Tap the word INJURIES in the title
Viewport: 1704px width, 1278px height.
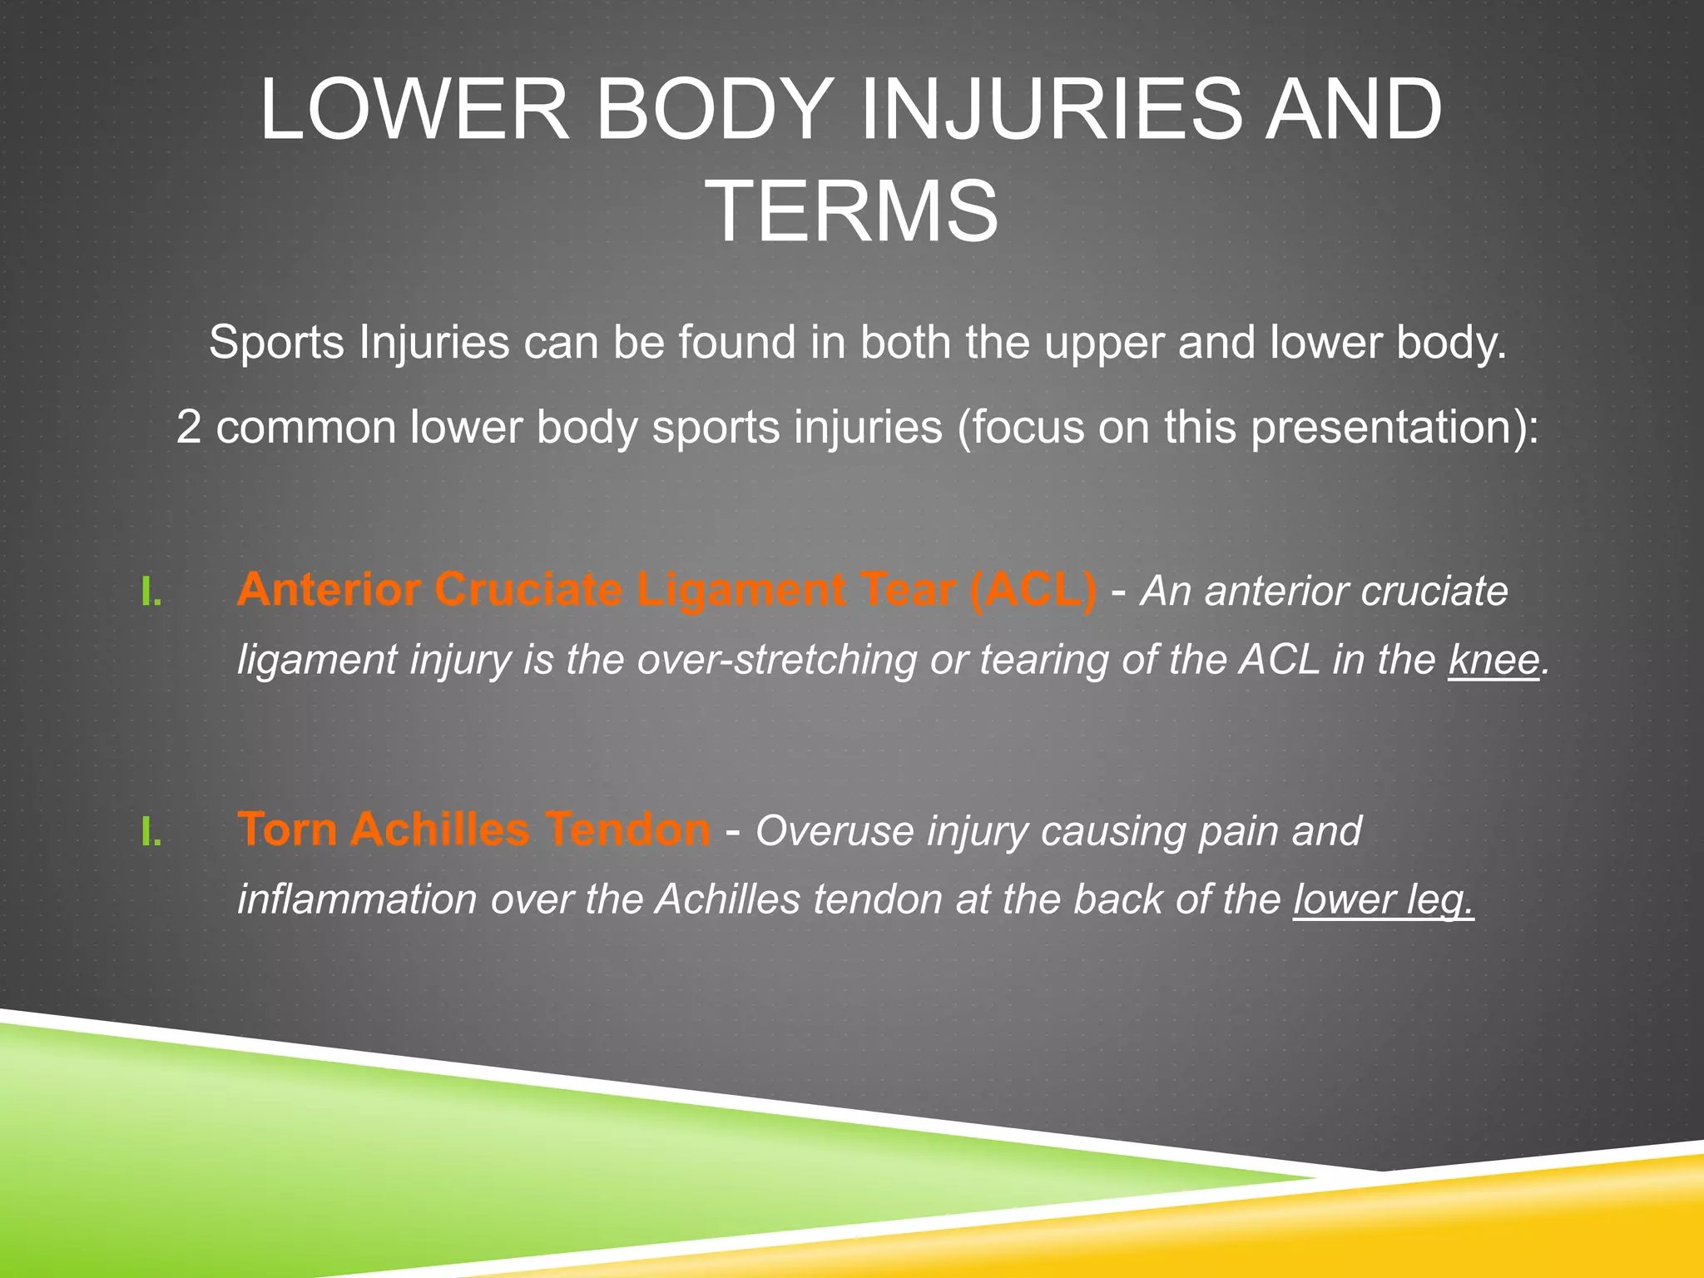coord(1050,110)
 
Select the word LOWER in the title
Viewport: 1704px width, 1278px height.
coord(414,110)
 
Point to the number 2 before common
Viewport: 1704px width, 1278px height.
coord(189,428)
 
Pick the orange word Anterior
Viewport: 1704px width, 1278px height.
coord(329,590)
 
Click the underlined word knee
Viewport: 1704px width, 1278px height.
coord(1493,660)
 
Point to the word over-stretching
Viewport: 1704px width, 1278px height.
coord(775,660)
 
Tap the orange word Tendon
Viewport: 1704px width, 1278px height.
coord(628,830)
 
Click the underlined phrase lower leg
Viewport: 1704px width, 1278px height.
coord(1383,899)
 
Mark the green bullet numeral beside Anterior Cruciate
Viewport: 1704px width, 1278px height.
coord(151,593)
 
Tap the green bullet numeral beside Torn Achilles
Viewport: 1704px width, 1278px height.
coord(151,833)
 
